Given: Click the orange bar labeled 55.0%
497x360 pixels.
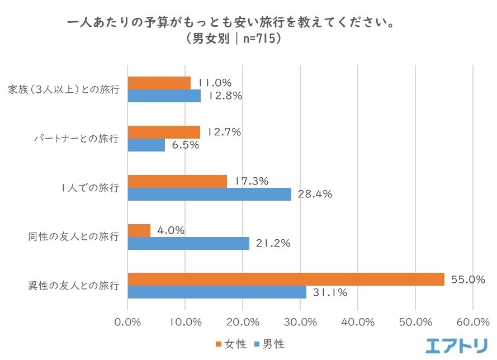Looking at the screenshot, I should [x=286, y=279].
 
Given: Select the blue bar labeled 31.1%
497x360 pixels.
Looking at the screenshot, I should [x=217, y=292].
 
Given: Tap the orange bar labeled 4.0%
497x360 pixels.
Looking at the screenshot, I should [x=139, y=230].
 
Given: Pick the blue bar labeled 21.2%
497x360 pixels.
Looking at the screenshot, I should [x=188, y=243].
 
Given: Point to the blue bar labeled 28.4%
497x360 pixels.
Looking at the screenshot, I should [x=210, y=194].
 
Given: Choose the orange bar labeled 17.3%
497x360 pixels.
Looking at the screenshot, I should [x=177, y=181].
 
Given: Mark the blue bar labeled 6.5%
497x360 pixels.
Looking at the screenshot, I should [x=146, y=145].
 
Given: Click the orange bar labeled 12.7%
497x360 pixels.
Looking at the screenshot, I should [x=164, y=132].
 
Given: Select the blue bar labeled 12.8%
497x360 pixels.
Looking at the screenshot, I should [x=164, y=96].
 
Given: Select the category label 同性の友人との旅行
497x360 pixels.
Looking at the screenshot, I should [x=73, y=236].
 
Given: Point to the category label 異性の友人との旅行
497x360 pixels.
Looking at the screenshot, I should [x=73, y=286].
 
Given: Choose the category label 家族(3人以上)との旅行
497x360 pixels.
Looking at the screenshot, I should [x=64, y=89].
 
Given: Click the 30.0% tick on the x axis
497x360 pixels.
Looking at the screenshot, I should [x=300, y=323].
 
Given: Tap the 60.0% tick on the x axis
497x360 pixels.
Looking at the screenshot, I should [x=473, y=323].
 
